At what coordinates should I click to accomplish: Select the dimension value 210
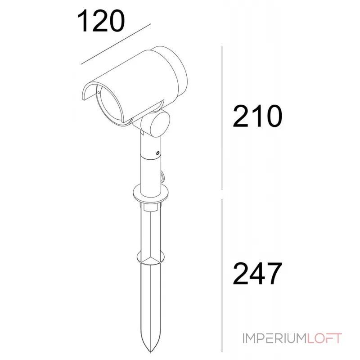[258, 117]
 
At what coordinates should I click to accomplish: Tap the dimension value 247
[258, 273]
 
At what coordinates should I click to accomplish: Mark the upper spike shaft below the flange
[150, 229]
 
